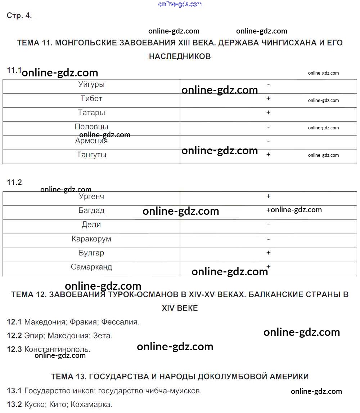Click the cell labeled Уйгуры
point(91,85)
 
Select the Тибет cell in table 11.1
point(91,99)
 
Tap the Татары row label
point(91,113)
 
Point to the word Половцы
point(91,126)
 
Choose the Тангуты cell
point(91,155)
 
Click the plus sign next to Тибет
point(268,98)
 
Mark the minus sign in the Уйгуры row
point(269,85)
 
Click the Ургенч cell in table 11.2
point(91,197)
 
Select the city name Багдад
point(91,211)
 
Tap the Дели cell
point(91,225)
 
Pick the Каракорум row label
point(91,239)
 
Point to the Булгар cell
point(91,253)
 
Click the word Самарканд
point(91,267)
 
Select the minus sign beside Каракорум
point(269,239)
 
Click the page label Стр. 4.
point(19,15)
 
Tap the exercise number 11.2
point(14,182)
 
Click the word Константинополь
point(57,349)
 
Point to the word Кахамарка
point(91,404)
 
